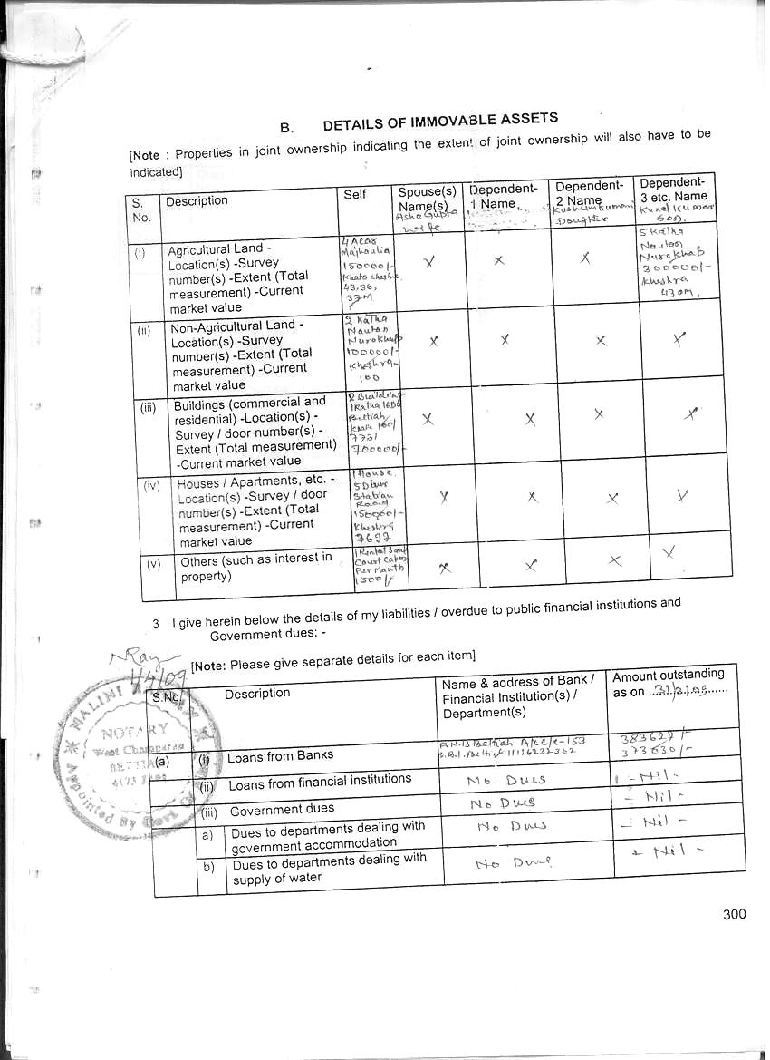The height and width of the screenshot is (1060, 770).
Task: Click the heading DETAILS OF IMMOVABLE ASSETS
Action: [440, 122]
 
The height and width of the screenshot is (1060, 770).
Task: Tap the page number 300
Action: [735, 913]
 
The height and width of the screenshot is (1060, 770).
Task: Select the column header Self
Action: [355, 195]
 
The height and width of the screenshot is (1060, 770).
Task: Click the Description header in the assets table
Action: [197, 200]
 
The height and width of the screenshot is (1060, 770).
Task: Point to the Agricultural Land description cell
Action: [237, 277]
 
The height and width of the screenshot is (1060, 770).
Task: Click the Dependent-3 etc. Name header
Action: [673, 189]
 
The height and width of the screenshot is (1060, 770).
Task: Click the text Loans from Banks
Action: [280, 755]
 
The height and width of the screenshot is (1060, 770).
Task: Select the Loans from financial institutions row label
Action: [320, 781]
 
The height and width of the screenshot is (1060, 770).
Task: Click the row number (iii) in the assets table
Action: [149, 407]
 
